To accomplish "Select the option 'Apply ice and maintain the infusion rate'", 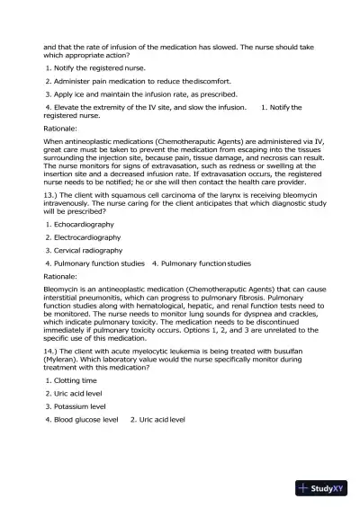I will [x=132, y=94].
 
